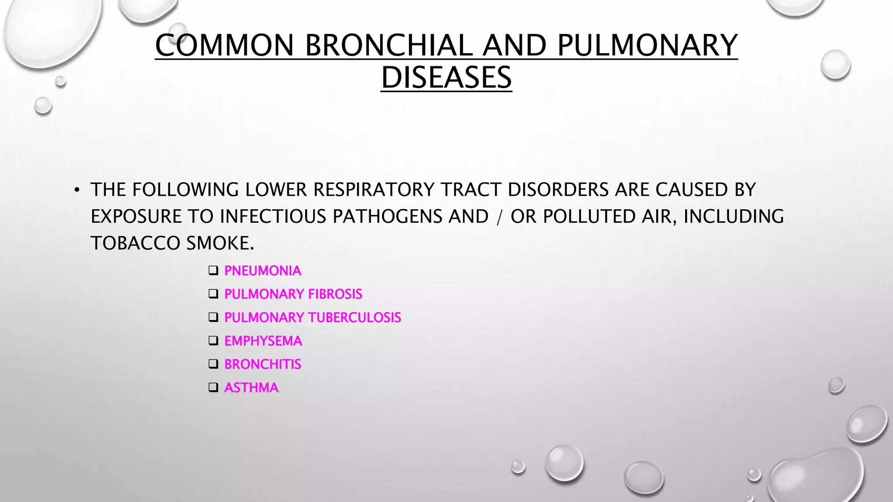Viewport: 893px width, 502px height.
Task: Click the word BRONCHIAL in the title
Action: click(x=389, y=45)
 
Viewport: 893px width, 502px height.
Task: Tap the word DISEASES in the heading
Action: click(x=446, y=78)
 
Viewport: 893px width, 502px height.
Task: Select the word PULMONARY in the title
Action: click(x=647, y=45)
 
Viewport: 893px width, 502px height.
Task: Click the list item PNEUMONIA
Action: click(x=262, y=271)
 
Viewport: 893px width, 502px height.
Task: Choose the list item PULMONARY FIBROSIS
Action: click(x=293, y=294)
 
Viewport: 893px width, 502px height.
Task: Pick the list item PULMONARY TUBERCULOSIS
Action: click(x=312, y=318)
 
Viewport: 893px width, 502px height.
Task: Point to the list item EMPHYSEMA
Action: click(x=263, y=341)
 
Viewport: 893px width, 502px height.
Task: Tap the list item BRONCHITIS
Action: click(x=262, y=364)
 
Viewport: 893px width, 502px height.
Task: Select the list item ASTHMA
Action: click(x=251, y=388)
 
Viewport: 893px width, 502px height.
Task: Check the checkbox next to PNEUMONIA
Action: click(x=213, y=271)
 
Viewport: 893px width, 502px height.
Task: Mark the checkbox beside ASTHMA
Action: click(x=213, y=387)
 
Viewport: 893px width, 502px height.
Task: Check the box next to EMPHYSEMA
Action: click(x=213, y=341)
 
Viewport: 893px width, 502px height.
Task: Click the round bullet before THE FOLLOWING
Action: click(x=77, y=190)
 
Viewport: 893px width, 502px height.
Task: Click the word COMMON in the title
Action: click(x=225, y=45)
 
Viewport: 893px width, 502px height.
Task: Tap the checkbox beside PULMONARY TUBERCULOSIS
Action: click(x=213, y=318)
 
